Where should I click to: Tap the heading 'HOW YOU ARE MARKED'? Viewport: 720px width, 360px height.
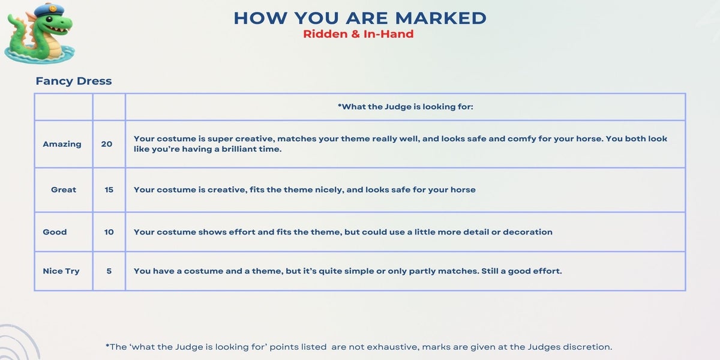pos(360,18)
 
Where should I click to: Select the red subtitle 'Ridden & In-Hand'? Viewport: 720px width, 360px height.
pos(358,34)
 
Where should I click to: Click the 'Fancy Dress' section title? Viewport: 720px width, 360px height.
pos(74,81)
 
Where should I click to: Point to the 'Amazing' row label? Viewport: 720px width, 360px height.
pos(62,144)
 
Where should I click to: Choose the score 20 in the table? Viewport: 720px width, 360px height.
pos(107,144)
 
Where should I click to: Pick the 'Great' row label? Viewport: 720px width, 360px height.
pos(64,190)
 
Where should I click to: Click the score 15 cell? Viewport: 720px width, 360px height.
pos(109,190)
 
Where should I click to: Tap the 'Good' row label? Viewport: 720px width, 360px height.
pos(55,232)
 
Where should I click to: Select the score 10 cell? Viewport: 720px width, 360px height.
pos(109,232)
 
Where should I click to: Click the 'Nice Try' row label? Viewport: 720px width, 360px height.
pos(61,271)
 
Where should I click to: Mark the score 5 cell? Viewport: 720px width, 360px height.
pos(109,271)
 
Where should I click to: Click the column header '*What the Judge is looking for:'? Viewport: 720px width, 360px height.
pos(406,107)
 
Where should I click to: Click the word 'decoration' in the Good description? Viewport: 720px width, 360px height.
pos(527,232)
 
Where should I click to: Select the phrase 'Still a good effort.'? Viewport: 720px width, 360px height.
pos(521,271)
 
